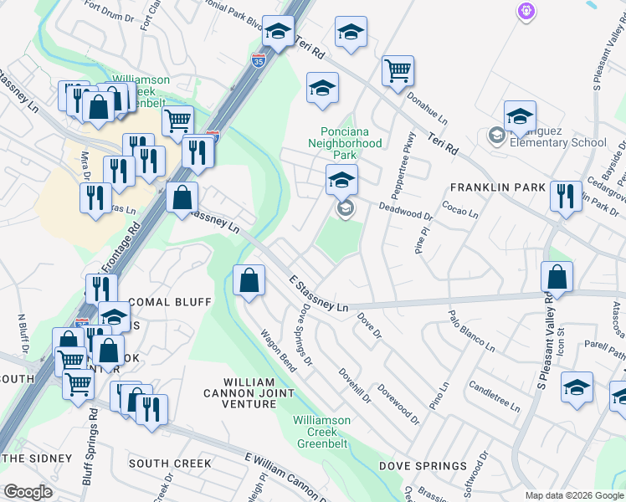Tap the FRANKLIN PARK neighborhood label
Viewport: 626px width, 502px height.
498,187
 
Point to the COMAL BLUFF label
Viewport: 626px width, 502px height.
167,301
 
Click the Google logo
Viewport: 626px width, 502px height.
28,492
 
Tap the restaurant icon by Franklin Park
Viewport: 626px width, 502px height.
566,197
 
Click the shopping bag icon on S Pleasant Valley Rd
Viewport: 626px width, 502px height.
557,277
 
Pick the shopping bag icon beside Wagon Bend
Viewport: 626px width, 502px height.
249,280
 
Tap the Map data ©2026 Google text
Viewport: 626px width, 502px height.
574,495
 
